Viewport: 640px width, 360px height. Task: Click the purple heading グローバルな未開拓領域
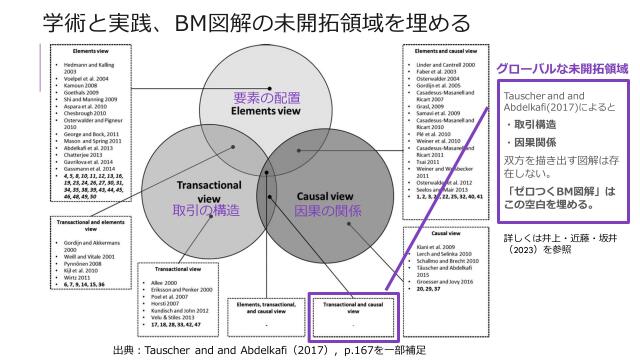click(568, 69)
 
